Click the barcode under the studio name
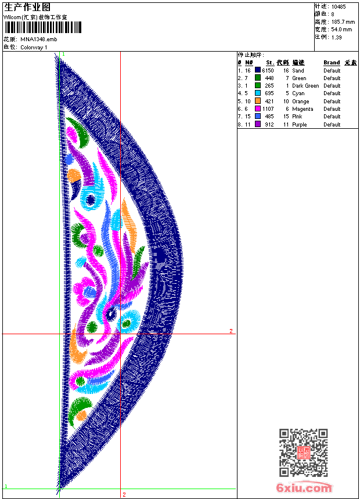pos(43,27)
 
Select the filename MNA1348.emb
pos(38,39)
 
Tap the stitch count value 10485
pos(339,7)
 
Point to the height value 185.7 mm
pos(343,22)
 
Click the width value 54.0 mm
pos(341,30)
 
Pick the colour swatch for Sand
pos(258,70)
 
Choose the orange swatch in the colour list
pos(258,101)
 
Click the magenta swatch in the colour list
pos(258,109)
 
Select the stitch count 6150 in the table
pos(268,70)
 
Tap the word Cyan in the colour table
pos(298,93)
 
